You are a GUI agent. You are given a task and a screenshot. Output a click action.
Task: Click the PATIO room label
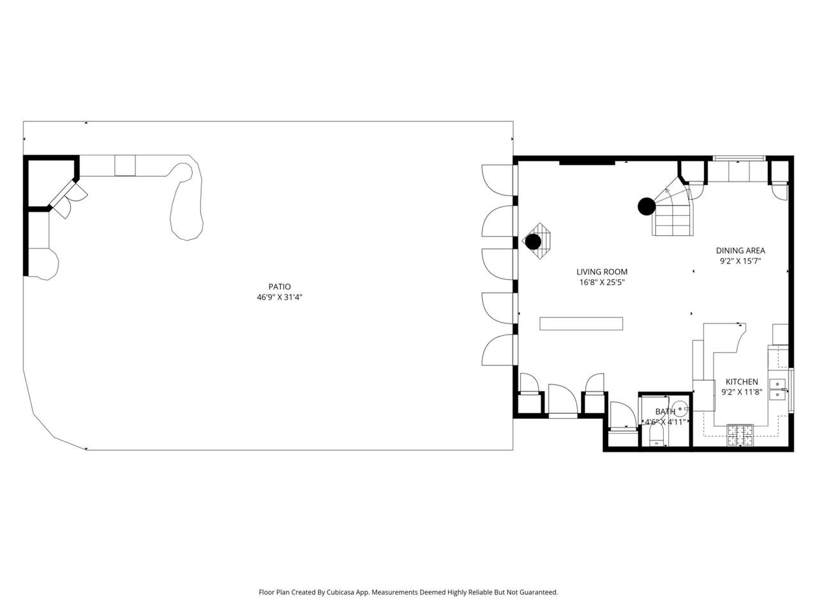point(279,287)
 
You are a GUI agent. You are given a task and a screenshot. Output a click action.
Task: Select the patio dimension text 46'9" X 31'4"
point(279,298)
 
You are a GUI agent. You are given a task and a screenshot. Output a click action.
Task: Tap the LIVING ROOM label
point(601,272)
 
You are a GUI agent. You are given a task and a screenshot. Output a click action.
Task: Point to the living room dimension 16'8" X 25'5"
point(601,282)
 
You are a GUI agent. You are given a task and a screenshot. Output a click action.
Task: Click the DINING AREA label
point(740,250)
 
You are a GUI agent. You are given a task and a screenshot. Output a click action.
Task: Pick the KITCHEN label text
point(742,381)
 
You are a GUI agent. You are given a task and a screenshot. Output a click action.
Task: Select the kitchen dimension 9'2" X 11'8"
point(742,392)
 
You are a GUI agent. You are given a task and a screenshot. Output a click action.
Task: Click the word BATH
point(664,411)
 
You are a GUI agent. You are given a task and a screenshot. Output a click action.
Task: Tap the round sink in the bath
point(680,409)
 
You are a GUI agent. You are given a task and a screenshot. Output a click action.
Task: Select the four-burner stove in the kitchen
point(740,435)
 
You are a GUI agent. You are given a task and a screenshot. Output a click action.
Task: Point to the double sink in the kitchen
point(777,389)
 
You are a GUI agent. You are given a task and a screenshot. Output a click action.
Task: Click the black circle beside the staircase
point(647,206)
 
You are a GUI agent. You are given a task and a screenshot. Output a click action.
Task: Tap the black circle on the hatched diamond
point(533,241)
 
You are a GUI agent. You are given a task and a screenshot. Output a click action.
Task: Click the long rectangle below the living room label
point(581,324)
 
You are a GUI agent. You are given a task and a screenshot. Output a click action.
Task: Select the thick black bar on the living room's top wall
point(587,162)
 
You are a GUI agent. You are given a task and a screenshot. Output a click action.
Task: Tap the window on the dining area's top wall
point(739,158)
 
